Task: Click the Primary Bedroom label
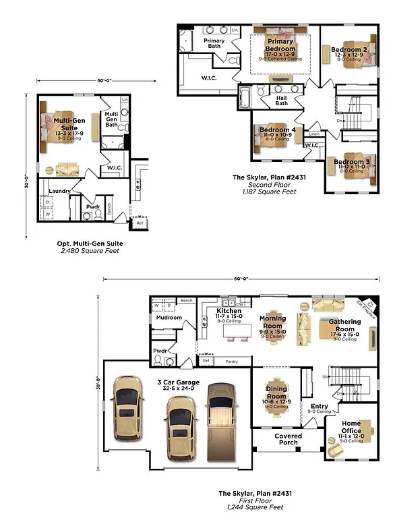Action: [280, 45]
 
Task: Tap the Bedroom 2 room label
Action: [349, 49]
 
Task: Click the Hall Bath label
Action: [281, 100]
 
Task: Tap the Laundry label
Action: [59, 191]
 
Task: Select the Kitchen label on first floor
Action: [229, 311]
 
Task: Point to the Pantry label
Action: [233, 361]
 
